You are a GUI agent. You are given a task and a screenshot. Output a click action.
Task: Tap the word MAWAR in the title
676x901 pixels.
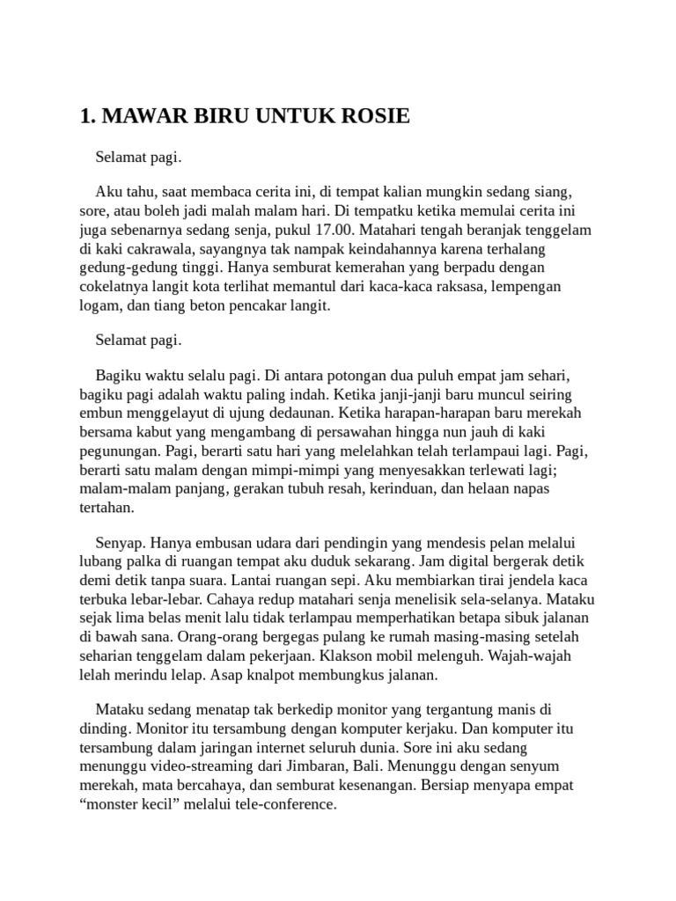coord(139,116)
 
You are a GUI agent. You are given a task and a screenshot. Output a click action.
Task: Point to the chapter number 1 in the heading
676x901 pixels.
coord(84,116)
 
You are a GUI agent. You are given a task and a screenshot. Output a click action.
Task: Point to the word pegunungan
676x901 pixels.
coord(118,451)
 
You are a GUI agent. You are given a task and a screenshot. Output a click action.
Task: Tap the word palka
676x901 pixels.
coord(147,562)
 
